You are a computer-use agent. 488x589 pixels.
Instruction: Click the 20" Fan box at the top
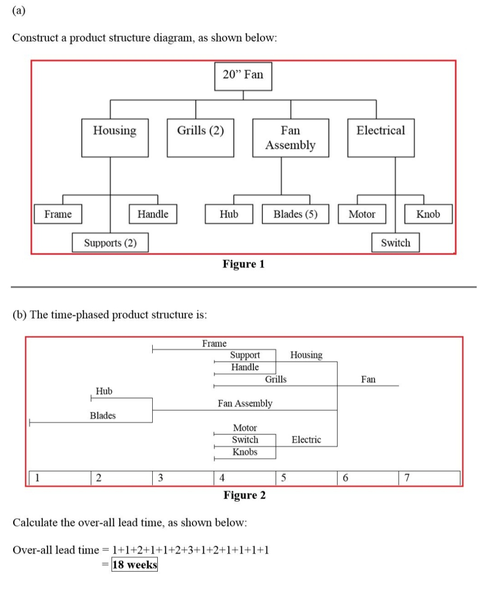coord(243,76)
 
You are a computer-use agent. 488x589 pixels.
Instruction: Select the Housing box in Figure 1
coord(115,137)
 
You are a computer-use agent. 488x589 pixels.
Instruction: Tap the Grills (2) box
coord(200,137)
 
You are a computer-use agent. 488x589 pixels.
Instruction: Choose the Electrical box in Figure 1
coord(380,137)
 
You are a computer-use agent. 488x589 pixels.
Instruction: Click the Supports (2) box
coord(110,243)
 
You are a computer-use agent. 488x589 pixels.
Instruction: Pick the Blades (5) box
coord(295,214)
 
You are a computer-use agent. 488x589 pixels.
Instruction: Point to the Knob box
coord(428,214)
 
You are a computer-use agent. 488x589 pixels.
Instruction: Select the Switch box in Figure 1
coord(395,243)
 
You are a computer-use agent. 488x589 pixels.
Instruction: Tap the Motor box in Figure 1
coord(362,214)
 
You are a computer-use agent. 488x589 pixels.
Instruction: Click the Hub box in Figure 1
coord(229,214)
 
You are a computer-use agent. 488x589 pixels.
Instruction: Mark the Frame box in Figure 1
coord(58,214)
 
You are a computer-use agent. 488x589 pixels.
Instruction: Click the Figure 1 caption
coord(243,264)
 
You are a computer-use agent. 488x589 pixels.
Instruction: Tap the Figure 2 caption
coord(244,495)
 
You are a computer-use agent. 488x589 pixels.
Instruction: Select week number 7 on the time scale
coord(407,478)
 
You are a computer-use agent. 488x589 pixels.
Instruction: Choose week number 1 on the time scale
coord(38,478)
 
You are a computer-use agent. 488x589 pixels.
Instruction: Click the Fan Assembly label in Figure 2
coord(245,403)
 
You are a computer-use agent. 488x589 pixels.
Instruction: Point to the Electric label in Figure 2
coord(306,439)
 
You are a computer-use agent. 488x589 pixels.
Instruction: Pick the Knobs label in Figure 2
coord(245,452)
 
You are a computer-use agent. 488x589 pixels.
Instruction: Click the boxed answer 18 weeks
coord(135,565)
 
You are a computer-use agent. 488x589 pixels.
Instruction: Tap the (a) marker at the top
coord(19,10)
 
